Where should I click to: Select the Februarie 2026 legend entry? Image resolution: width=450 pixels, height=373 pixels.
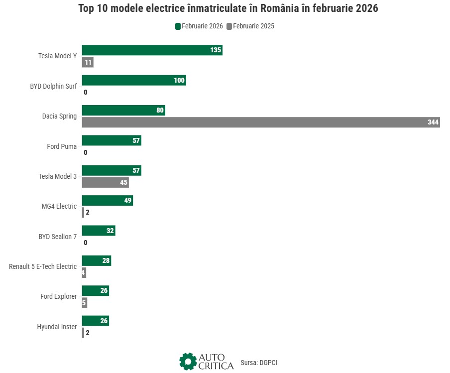point(199,26)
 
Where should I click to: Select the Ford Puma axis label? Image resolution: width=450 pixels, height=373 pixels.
point(62,146)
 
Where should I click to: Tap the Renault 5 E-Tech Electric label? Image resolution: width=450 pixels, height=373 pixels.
point(43,266)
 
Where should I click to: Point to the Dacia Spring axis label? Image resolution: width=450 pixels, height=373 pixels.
point(59,116)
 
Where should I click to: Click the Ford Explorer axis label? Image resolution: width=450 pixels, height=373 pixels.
point(58,296)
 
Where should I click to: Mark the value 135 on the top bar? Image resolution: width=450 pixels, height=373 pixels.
point(216,50)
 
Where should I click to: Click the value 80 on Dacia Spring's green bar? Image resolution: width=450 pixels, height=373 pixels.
point(160,111)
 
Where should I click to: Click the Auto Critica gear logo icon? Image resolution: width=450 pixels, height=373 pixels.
point(188,362)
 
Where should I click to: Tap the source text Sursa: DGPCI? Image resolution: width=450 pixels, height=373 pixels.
point(258,363)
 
